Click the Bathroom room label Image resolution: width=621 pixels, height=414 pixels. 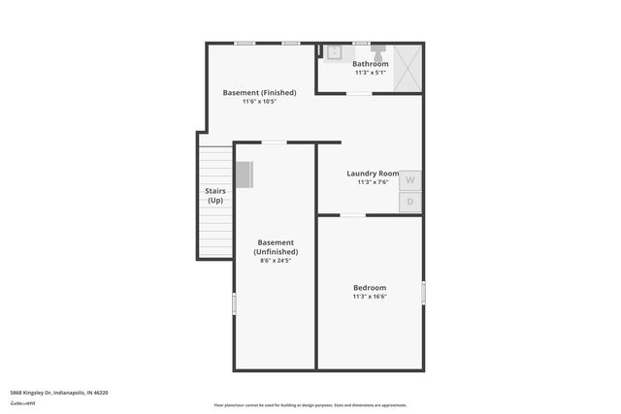tap(371, 64)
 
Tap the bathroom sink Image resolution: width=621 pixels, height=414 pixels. tap(335, 52)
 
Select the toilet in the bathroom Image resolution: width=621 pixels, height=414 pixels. tap(377, 51)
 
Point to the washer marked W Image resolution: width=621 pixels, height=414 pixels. tap(409, 179)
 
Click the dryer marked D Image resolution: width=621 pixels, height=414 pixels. tap(409, 202)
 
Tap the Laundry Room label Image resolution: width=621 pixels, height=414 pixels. tap(373, 175)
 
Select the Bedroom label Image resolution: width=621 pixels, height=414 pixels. tap(370, 287)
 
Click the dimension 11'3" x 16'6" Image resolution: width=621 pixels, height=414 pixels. tap(370, 297)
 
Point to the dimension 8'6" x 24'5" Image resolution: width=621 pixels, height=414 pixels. tap(276, 260)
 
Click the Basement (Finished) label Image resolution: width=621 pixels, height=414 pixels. tap(259, 93)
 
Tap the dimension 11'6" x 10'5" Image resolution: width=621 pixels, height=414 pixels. tap(259, 102)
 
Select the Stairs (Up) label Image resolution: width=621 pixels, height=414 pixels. tap(215, 196)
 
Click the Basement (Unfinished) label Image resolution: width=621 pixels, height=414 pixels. tap(276, 247)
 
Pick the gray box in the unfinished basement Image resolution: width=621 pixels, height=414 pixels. tap(244, 175)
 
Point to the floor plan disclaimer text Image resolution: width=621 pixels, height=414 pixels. tap(310, 405)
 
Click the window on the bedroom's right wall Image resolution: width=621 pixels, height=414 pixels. tap(423, 293)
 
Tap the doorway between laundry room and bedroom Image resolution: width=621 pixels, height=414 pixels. tap(351, 215)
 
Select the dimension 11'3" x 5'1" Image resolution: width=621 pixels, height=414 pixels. tap(371, 73)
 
